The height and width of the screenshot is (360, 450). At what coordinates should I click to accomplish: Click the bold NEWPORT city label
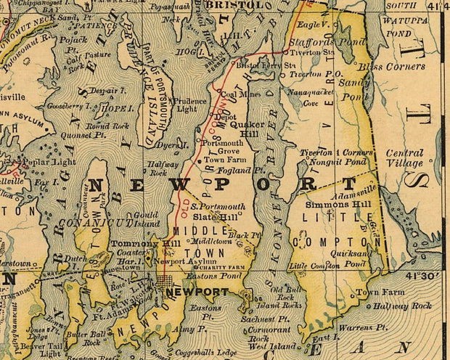[x=197, y=292]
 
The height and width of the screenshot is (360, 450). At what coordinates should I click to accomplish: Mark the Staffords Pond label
[x=316, y=42]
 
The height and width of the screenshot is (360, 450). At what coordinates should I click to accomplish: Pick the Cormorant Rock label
[x=270, y=333]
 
